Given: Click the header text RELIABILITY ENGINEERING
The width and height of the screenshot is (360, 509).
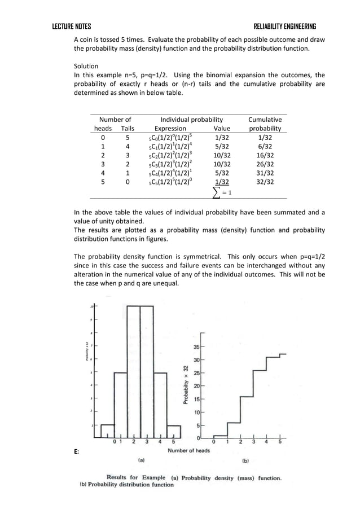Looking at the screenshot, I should click(284, 27).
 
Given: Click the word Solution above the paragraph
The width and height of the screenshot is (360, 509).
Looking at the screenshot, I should click(86, 66).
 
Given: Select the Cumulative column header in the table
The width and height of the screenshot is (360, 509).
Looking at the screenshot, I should click(265, 120).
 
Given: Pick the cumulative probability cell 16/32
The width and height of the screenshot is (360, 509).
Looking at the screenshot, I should click(265, 155).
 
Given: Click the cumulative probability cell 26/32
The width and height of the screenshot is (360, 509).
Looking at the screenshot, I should click(265, 164).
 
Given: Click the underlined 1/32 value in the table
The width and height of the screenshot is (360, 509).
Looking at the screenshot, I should click(222, 182).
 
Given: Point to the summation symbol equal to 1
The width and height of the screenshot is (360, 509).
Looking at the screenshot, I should click(221, 192).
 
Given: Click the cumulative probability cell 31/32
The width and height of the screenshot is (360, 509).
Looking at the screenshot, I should click(265, 173).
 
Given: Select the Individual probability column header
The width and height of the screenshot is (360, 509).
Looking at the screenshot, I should click(191, 120).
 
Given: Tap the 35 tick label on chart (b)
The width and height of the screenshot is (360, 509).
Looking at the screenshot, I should click(196, 347).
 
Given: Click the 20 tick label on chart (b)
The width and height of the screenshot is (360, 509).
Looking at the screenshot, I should click(196, 386).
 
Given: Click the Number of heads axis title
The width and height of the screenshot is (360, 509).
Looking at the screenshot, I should click(188, 450).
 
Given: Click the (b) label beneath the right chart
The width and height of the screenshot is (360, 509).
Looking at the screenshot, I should click(245, 460).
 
